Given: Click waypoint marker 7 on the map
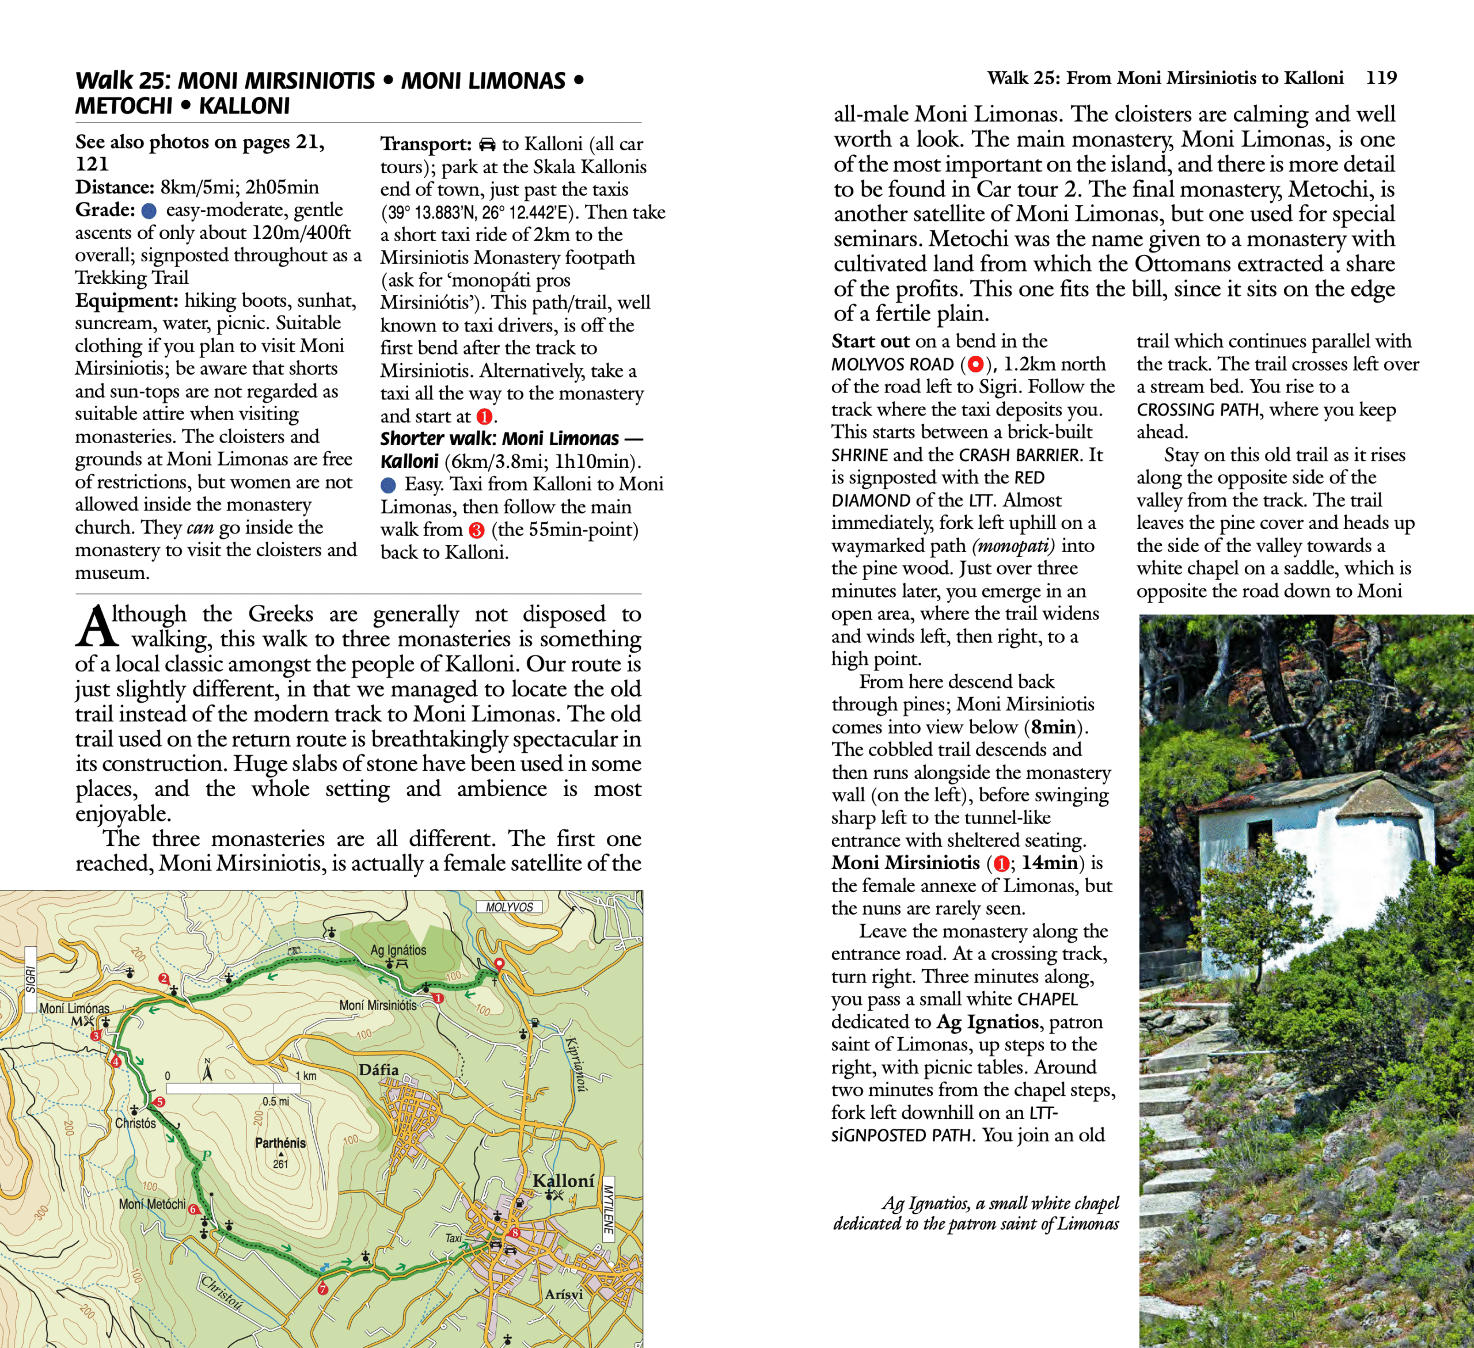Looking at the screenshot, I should (323, 1289).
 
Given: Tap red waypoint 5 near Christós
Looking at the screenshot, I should (160, 1102).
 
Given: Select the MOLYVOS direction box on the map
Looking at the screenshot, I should (510, 907).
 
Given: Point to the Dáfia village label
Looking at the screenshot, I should (379, 1069).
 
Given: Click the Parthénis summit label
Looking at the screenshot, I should (280, 1143).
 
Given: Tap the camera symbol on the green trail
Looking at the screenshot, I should (294, 951).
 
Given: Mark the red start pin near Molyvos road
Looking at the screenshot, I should (499, 964).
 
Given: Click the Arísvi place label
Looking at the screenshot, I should (564, 1294).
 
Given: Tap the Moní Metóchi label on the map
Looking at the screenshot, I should (152, 1204).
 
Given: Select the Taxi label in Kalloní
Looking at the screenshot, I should (453, 1237).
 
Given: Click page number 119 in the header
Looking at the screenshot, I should (1381, 78).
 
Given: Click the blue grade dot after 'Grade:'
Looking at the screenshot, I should (149, 211).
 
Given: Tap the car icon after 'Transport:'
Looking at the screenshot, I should (487, 144).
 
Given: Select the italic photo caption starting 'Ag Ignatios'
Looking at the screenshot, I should (976, 1213).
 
